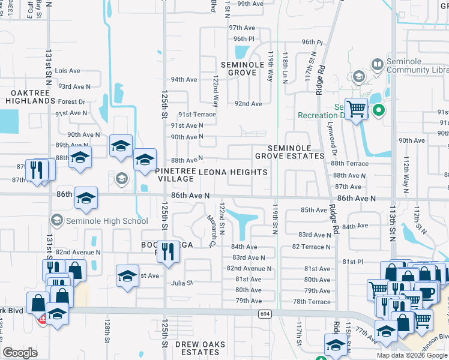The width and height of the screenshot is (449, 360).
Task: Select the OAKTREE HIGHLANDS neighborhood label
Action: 31,97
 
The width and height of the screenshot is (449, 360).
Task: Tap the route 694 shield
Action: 265,314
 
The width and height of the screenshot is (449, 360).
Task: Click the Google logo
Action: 20,353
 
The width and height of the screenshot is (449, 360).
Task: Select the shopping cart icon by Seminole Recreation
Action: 356,109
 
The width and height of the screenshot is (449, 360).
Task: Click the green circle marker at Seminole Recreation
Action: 379,110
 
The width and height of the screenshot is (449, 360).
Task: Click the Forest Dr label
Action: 72,102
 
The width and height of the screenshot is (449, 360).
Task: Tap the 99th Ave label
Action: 250,4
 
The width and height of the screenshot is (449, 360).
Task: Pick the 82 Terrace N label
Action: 312,247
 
